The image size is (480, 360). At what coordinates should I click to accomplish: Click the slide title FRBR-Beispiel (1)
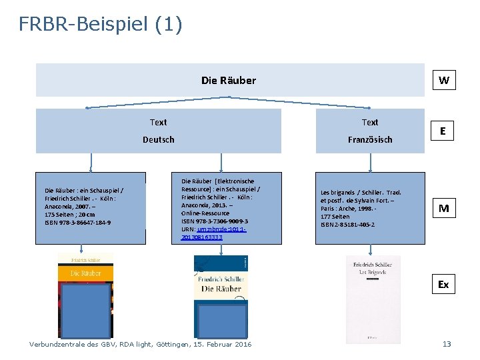pos(100,25)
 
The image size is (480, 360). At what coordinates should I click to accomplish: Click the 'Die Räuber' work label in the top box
pos(229,81)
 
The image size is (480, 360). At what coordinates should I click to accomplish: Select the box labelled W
pos(443,81)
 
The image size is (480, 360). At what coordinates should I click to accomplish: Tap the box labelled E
pos(443,131)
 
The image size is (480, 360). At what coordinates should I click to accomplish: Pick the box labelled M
pos(443,209)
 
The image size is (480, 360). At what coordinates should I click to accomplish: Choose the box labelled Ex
pos(443,285)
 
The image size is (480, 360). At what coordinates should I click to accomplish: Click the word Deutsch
pos(159,139)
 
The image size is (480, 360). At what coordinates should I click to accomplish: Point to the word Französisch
pos(370,139)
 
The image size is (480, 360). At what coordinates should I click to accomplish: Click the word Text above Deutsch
pos(159,122)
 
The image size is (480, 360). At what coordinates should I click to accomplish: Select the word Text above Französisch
pos(370,122)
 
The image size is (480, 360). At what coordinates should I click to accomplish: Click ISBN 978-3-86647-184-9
pos(78,223)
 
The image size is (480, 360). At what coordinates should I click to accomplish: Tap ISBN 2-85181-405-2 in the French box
pos(347,225)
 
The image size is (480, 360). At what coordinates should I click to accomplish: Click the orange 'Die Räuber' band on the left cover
pos(86,273)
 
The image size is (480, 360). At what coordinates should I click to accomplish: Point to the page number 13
pos(447,344)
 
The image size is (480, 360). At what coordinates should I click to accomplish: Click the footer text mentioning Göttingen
pos(141,344)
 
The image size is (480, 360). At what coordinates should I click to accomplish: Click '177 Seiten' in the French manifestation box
pos(335,217)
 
